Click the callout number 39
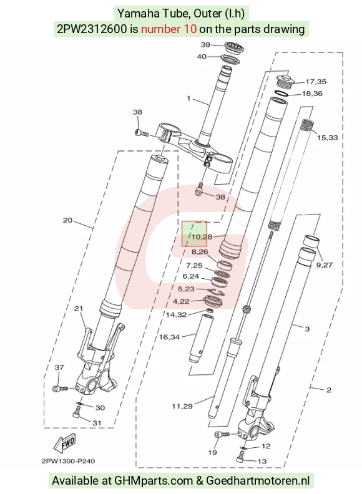click(x=205, y=45)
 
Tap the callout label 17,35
click(x=316, y=82)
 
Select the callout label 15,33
click(x=327, y=137)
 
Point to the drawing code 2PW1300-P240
click(x=68, y=461)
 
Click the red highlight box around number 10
click(x=194, y=233)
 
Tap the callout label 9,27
click(x=324, y=264)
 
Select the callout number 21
click(x=78, y=308)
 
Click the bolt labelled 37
click(x=61, y=389)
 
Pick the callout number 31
click(x=97, y=423)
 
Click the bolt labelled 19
click(x=222, y=435)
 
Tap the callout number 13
click(x=262, y=461)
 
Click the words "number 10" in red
click(x=169, y=29)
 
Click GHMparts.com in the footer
click(x=154, y=481)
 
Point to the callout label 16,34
click(x=169, y=337)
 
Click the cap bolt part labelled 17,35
click(x=285, y=81)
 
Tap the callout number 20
click(x=67, y=220)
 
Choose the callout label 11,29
click(x=182, y=407)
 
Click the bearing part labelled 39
click(x=233, y=47)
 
